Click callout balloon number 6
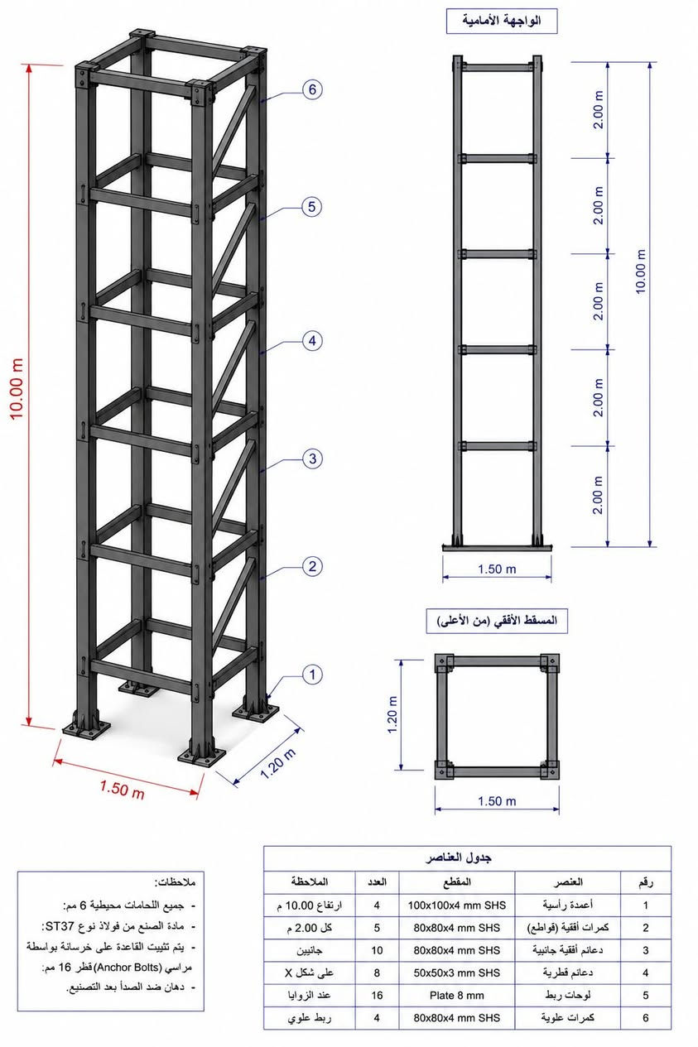[312, 89]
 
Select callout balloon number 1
[312, 675]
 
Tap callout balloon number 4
[312, 341]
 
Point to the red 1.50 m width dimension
[122, 789]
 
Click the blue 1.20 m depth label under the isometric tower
[277, 763]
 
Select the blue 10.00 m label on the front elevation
[641, 271]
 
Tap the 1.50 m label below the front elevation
[497, 569]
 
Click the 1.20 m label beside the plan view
[392, 714]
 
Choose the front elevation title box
[502, 21]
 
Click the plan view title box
[497, 621]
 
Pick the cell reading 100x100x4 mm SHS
[457, 905]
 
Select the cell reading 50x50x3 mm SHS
[457, 973]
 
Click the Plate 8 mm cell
[457, 995]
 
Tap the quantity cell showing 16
[377, 995]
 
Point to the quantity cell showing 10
[377, 950]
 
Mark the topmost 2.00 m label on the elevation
[599, 110]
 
